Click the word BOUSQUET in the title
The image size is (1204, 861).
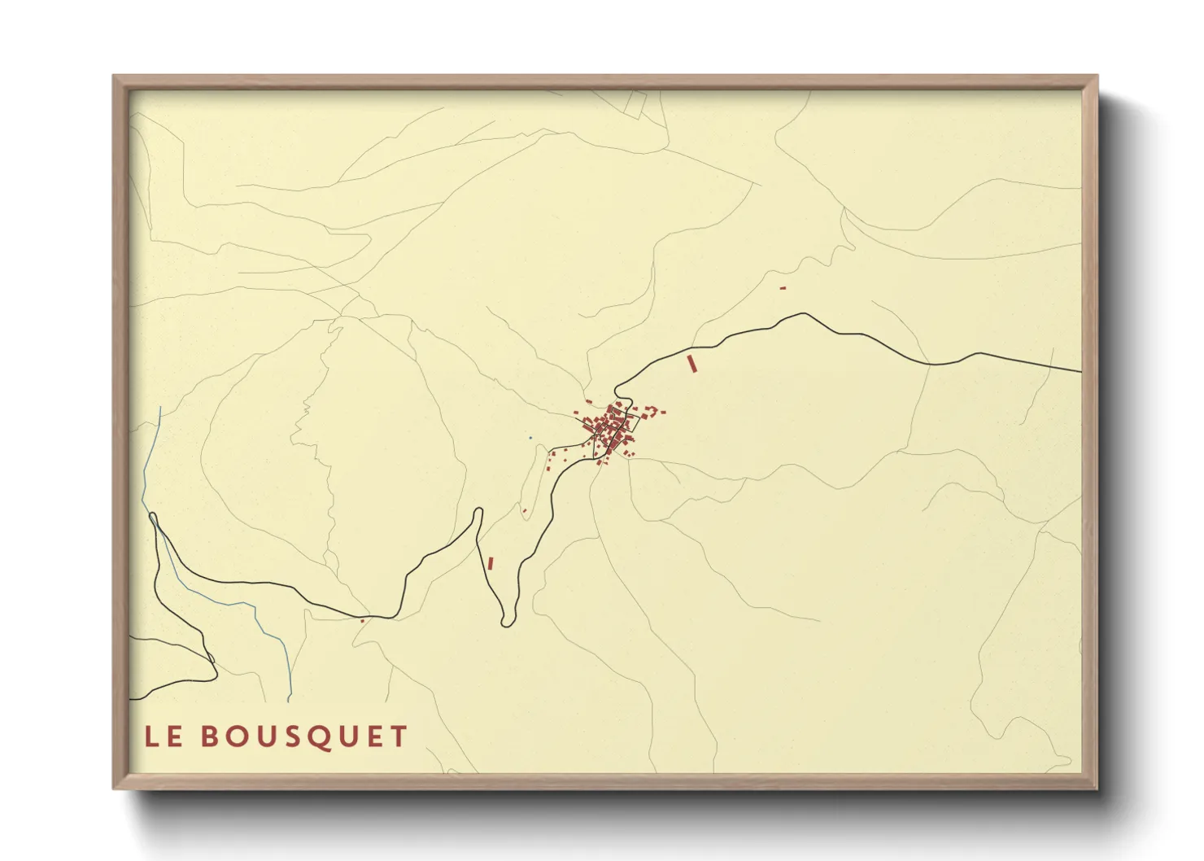pos(303,736)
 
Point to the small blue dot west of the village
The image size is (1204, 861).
pos(530,438)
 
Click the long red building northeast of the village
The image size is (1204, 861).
pos(692,364)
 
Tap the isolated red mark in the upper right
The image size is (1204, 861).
pos(783,288)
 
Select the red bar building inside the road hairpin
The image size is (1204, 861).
pos(491,562)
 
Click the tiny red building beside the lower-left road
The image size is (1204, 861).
pos(362,620)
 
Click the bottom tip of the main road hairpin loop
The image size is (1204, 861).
pos(507,624)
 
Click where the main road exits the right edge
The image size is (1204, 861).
pos(1080,370)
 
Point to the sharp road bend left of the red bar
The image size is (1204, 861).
pos(478,513)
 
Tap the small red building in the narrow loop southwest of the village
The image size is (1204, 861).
pos(525,511)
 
